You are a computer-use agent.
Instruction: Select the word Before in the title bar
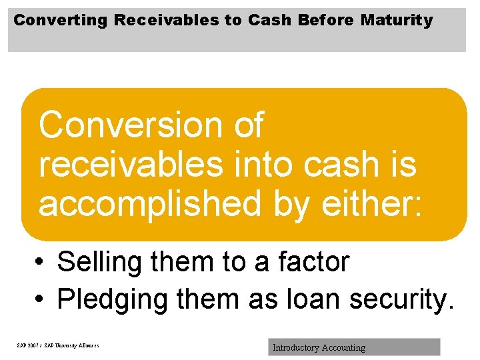[x=327, y=21]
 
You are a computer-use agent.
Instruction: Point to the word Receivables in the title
[x=167, y=21]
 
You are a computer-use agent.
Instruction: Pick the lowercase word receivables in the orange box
[x=133, y=165]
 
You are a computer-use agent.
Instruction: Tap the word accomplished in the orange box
[x=150, y=203]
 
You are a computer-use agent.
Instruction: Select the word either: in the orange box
[x=371, y=203]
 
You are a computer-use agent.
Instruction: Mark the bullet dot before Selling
[x=41, y=263]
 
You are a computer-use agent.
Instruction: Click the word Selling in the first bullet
[x=100, y=262]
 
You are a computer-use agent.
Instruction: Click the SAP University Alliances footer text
[x=58, y=346]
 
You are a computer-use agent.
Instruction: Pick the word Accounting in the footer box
[x=343, y=347]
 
